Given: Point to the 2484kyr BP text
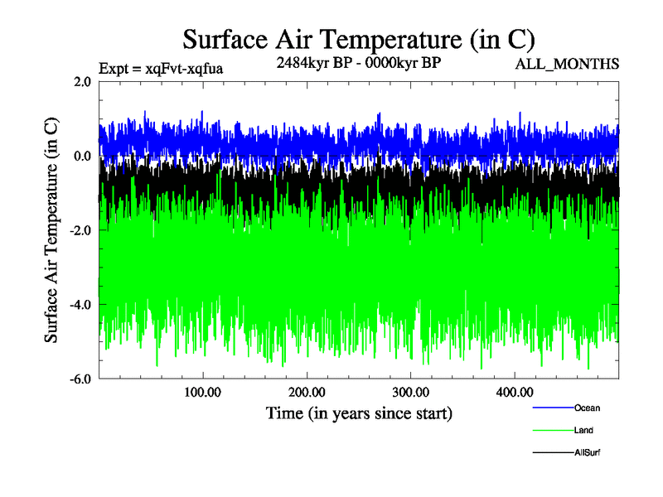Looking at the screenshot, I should pyautogui.click(x=309, y=62).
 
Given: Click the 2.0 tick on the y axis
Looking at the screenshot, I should pyautogui.click(x=82, y=82).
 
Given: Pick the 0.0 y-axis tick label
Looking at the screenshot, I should pyautogui.click(x=82, y=157).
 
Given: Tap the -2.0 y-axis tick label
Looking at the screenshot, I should pyautogui.click(x=80, y=230).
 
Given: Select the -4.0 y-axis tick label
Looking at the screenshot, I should pyautogui.click(x=80, y=305).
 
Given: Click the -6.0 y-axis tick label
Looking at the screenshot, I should pyautogui.click(x=80, y=379).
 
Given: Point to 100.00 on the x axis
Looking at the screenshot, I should pyautogui.click(x=203, y=392).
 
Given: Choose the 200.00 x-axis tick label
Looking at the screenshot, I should pyautogui.click(x=307, y=392).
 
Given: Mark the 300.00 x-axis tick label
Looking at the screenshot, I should pyautogui.click(x=410, y=392).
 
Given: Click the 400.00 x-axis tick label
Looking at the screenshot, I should pyautogui.click(x=514, y=392).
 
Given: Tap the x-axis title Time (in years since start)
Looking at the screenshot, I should pyautogui.click(x=359, y=412).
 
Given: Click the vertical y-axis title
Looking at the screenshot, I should pyautogui.click(x=51, y=230).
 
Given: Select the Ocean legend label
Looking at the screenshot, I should pyautogui.click(x=587, y=408).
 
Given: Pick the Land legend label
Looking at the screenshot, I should pyautogui.click(x=583, y=430).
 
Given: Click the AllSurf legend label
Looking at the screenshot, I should pyautogui.click(x=587, y=452).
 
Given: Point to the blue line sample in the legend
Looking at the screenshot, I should pyautogui.click(x=552, y=408).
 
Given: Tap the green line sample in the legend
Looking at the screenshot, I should pyautogui.click(x=552, y=430).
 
